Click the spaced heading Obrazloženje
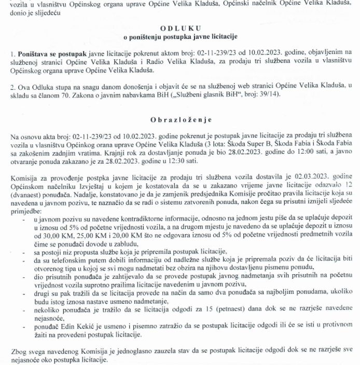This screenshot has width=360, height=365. [x=179, y=118]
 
